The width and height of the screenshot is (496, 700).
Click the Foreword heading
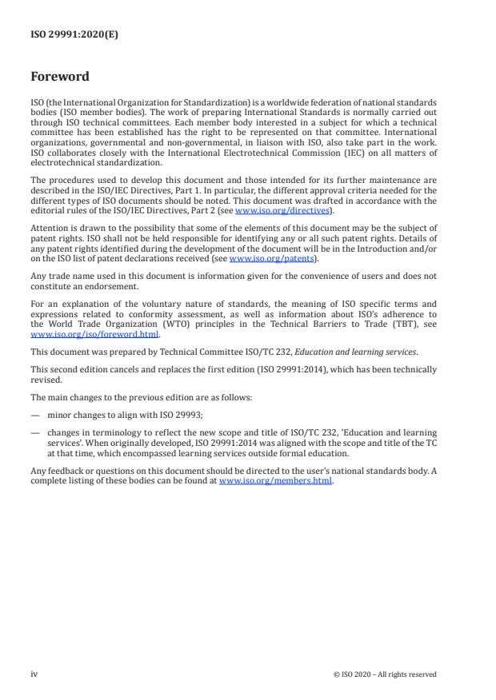(60, 78)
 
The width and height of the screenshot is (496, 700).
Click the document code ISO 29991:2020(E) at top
(74, 34)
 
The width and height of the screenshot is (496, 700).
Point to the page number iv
(34, 674)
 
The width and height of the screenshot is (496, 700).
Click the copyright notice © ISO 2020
(385, 674)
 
